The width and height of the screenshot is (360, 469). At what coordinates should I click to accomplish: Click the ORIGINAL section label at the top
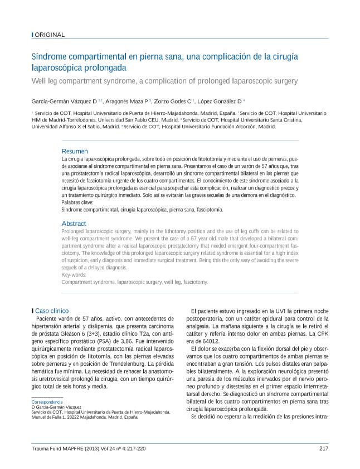click(50, 35)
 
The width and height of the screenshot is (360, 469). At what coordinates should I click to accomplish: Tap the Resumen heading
click(74, 151)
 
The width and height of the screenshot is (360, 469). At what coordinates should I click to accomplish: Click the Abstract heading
click(74, 223)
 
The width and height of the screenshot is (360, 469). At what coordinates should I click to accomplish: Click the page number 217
click(324, 448)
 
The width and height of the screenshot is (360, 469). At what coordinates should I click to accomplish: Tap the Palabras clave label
click(76, 202)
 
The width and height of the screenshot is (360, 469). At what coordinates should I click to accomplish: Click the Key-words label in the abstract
click(74, 274)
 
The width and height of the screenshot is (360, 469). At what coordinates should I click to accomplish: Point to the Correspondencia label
click(47, 402)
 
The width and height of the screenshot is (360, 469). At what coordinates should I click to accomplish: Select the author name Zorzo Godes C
click(174, 101)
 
